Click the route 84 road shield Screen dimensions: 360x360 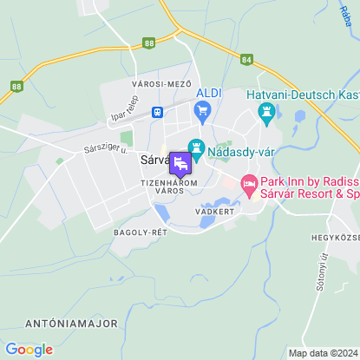point(247,60)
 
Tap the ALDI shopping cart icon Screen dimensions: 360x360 point(203,110)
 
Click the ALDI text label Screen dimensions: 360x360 point(210,93)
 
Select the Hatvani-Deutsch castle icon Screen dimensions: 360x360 point(266,112)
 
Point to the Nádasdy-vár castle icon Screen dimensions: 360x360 point(196,149)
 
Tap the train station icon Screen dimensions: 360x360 point(158,112)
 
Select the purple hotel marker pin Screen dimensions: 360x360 point(180,163)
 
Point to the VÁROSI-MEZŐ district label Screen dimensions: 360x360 point(160,82)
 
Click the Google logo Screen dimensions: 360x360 point(29,350)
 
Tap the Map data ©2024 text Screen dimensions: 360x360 point(323,353)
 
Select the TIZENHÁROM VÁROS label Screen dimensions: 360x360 point(169,187)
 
